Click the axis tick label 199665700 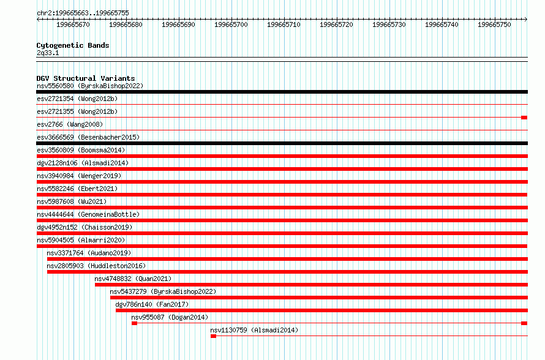click(x=231, y=24)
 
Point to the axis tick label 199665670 click(x=73, y=24)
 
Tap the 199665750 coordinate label click(x=494, y=24)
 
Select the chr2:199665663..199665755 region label click(x=83, y=13)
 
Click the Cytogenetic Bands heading click(x=73, y=45)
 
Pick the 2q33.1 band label click(x=48, y=53)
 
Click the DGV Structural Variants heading click(x=86, y=78)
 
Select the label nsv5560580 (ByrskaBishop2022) click(x=90, y=86)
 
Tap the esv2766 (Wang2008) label click(x=70, y=124)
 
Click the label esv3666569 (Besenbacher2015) click(x=88, y=137)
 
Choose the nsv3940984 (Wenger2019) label click(x=79, y=176)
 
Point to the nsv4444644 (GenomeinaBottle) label click(x=88, y=214)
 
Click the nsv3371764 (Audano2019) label click(x=89, y=253)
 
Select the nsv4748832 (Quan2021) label click(x=133, y=279)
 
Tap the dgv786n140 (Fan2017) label click(x=152, y=304)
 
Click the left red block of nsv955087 click(x=135, y=323)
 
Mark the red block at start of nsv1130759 click(x=214, y=336)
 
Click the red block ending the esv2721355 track click(x=525, y=118)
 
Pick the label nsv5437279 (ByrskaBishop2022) click(x=163, y=291)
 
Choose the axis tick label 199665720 click(x=336, y=24)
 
